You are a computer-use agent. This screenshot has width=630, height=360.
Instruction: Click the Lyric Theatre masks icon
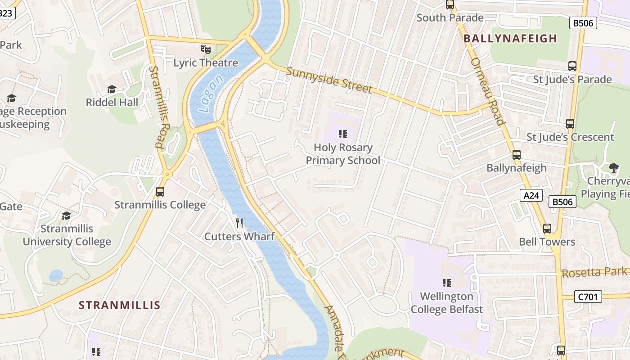coord(206,49)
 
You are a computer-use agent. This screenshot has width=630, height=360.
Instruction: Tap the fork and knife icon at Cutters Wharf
coord(239,223)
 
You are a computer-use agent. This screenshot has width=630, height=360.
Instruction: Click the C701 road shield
coord(588,297)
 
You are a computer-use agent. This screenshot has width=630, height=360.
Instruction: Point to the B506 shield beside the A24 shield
coord(562,202)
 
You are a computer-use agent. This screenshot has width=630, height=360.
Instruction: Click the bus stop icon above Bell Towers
coord(547,229)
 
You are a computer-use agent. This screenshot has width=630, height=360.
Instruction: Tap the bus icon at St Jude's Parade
coord(572,66)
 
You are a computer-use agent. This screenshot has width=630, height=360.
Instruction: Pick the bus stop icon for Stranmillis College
coord(160,192)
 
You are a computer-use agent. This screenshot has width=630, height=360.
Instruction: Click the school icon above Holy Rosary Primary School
coord(343,134)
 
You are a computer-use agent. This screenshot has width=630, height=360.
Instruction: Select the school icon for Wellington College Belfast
coord(446,283)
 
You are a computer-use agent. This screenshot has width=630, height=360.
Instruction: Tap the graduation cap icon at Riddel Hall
coord(112,90)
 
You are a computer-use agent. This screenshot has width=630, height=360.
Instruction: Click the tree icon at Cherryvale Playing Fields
coord(613,168)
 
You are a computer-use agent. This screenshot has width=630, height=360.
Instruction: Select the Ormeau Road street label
coord(487,91)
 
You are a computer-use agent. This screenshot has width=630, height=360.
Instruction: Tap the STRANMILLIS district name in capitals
coord(120,305)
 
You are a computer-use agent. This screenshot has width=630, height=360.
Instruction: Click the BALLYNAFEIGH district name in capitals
coord(510,39)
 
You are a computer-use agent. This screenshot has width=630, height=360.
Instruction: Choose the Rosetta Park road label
coord(594,272)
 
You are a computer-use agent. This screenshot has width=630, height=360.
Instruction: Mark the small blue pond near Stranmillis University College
coord(55,275)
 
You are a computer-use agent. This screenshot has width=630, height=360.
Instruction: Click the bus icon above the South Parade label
coord(450,5)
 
